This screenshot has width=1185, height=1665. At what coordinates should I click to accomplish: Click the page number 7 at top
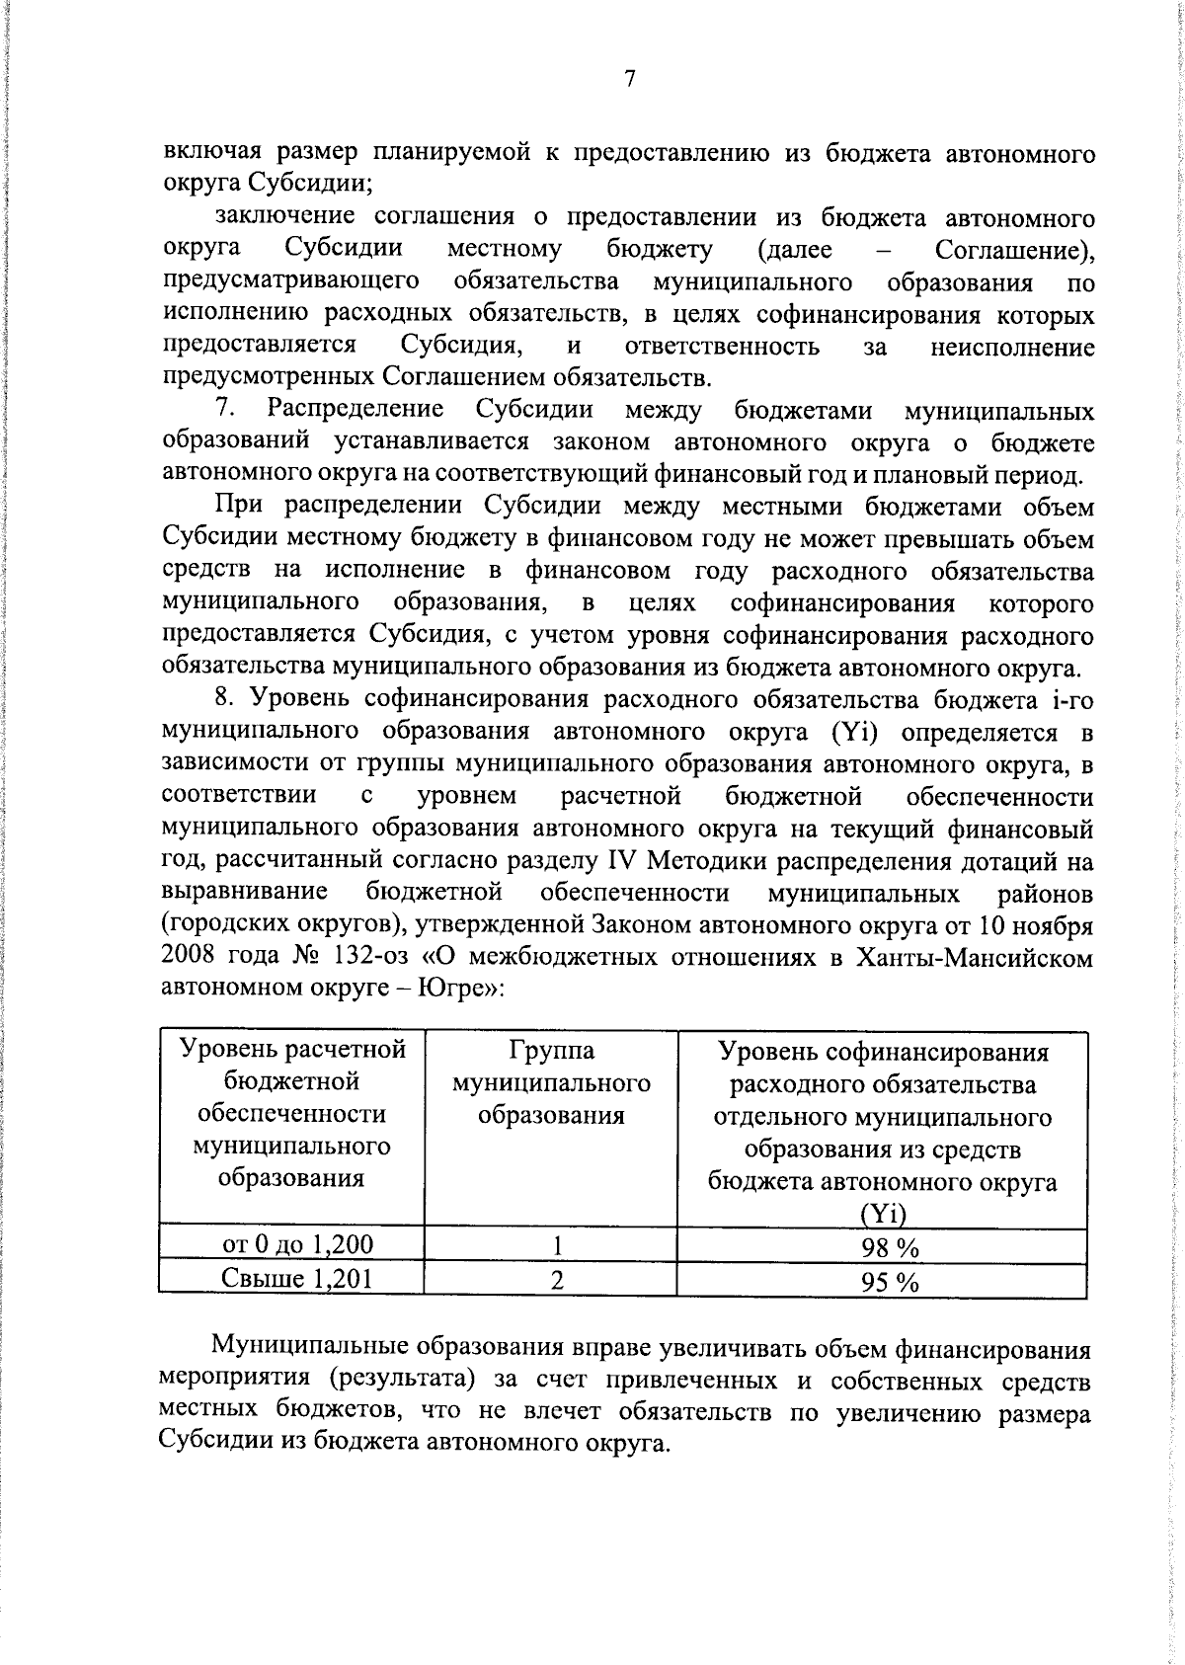pyautogui.click(x=628, y=80)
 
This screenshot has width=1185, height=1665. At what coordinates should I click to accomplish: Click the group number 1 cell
pyautogui.click(x=557, y=1245)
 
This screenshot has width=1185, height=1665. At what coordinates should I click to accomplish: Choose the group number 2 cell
pyautogui.click(x=557, y=1280)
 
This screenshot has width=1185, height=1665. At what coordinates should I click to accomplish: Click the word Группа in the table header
pyautogui.click(x=552, y=1051)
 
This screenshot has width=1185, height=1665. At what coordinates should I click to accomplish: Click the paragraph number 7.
pyautogui.click(x=224, y=410)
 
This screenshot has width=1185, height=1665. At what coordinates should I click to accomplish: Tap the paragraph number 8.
pyautogui.click(x=224, y=699)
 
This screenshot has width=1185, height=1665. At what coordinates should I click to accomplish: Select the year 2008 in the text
pyautogui.click(x=188, y=958)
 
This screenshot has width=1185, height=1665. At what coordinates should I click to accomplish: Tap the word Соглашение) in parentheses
pyautogui.click(x=1014, y=250)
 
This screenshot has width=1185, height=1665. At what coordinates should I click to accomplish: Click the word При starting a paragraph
pyautogui.click(x=241, y=507)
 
